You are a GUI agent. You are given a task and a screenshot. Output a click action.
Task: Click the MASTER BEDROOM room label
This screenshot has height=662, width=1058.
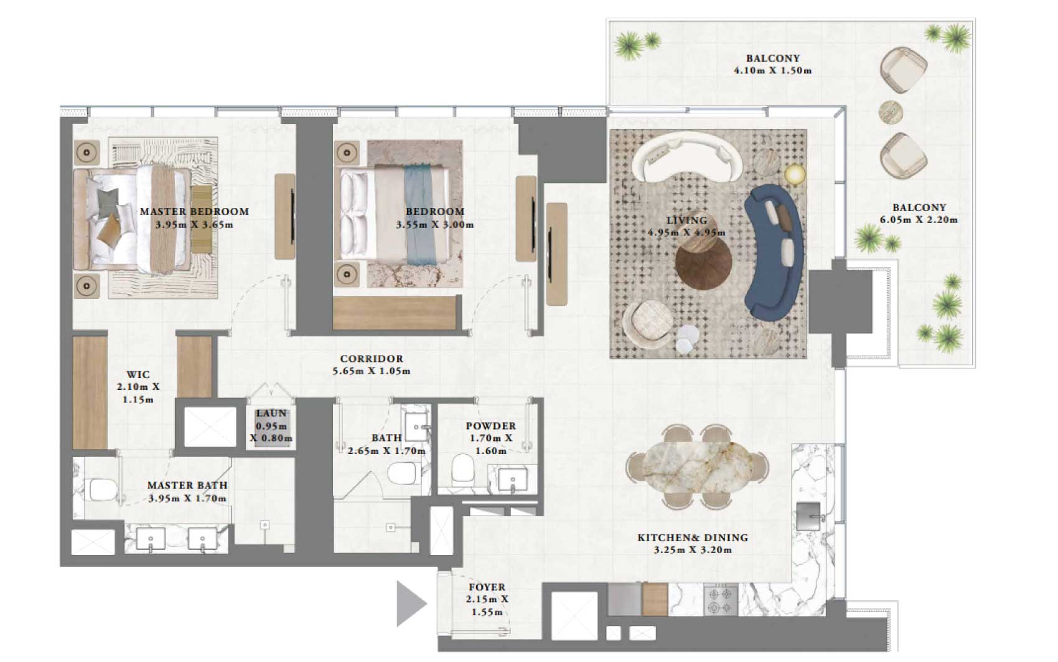tap(194, 211)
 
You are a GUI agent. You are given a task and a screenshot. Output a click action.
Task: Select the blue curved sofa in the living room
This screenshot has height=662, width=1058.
tap(774, 253)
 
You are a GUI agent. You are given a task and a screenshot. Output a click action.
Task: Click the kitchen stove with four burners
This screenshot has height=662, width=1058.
tap(721, 600)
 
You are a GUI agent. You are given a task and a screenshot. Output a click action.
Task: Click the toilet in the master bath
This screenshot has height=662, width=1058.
tap(103, 489)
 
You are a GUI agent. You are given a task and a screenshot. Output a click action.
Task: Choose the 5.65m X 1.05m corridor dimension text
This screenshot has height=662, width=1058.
tap(372, 371)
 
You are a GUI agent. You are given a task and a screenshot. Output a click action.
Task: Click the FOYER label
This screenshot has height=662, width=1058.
tap(487, 587)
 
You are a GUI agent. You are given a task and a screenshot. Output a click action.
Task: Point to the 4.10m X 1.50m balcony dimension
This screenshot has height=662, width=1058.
tap(773, 71)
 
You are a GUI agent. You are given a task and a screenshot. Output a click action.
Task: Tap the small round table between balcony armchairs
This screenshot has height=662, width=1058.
tap(891, 113)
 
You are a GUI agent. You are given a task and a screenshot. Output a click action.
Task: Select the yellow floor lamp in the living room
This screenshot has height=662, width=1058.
tap(795, 174)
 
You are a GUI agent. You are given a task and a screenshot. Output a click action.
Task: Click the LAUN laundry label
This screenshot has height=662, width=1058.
tap(271, 414)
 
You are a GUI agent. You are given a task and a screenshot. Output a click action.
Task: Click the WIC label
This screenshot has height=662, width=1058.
tap(138, 375)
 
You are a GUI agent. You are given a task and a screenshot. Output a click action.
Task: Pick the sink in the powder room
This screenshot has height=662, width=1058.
tap(513, 479)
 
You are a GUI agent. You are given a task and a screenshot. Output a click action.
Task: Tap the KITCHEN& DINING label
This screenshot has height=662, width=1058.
tap(693, 537)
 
